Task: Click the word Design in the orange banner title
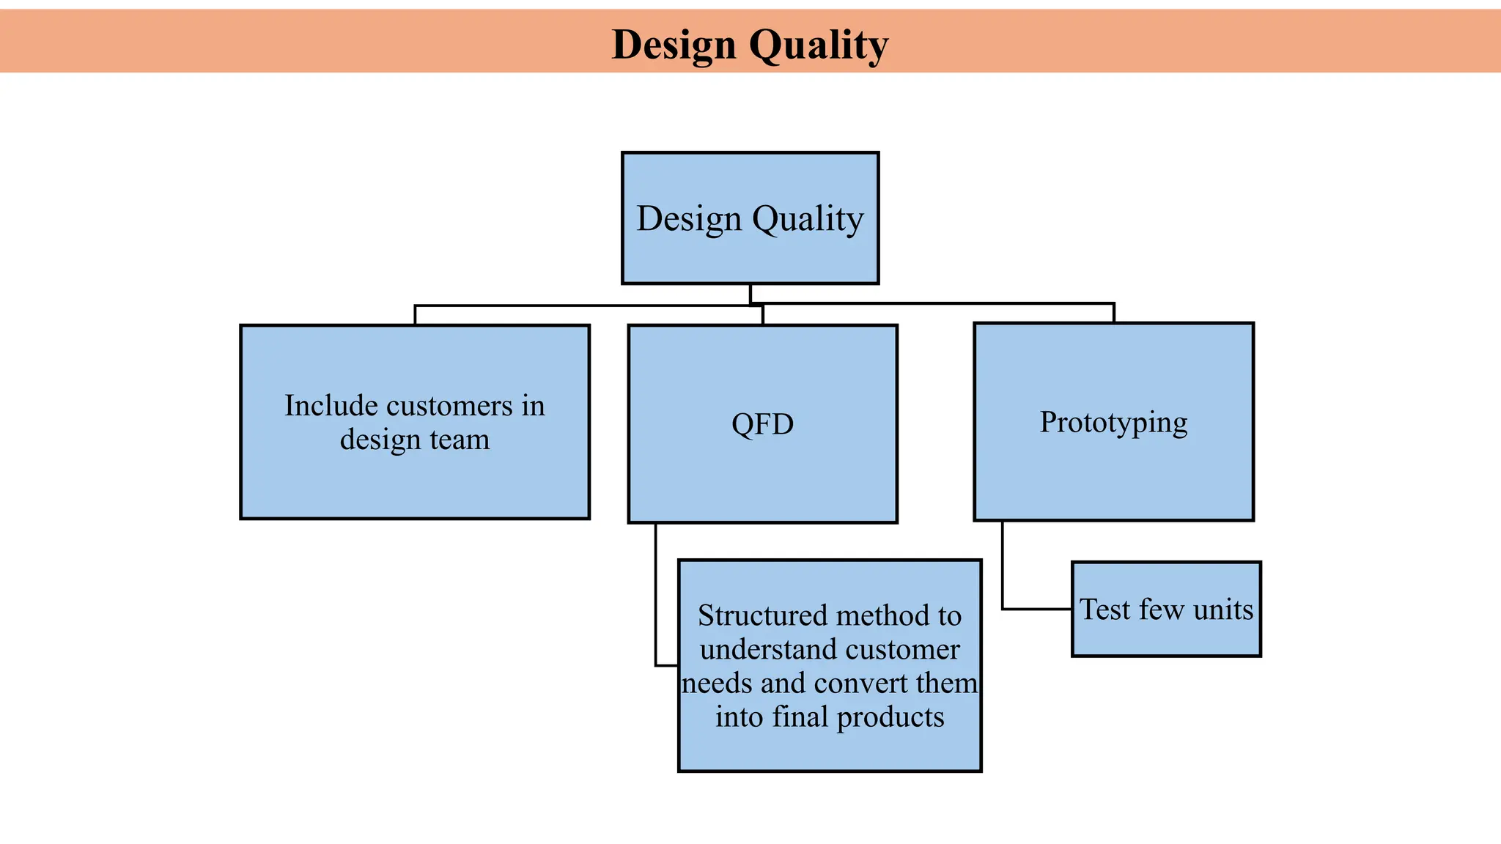point(674,45)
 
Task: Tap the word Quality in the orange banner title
point(819,45)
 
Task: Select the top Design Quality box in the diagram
point(750,218)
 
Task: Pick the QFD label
point(762,424)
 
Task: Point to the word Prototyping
point(1113,422)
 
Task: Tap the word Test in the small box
point(1105,610)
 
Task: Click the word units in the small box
point(1223,610)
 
